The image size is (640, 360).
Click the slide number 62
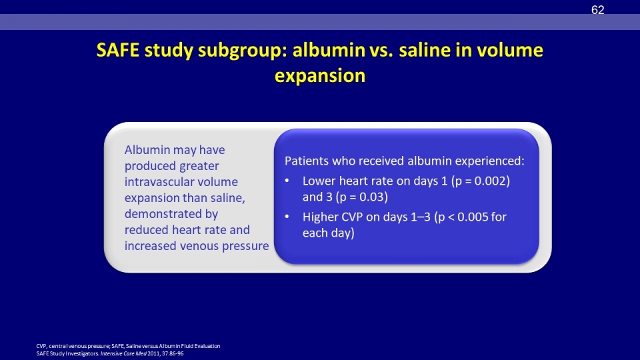pos(597,10)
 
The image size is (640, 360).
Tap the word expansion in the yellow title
pos(320,76)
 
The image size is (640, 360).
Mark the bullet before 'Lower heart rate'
pos(287,181)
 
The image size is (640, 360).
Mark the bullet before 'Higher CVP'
pos(287,217)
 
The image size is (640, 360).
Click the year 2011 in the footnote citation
pos(153,353)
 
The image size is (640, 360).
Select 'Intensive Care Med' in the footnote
pos(123,353)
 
